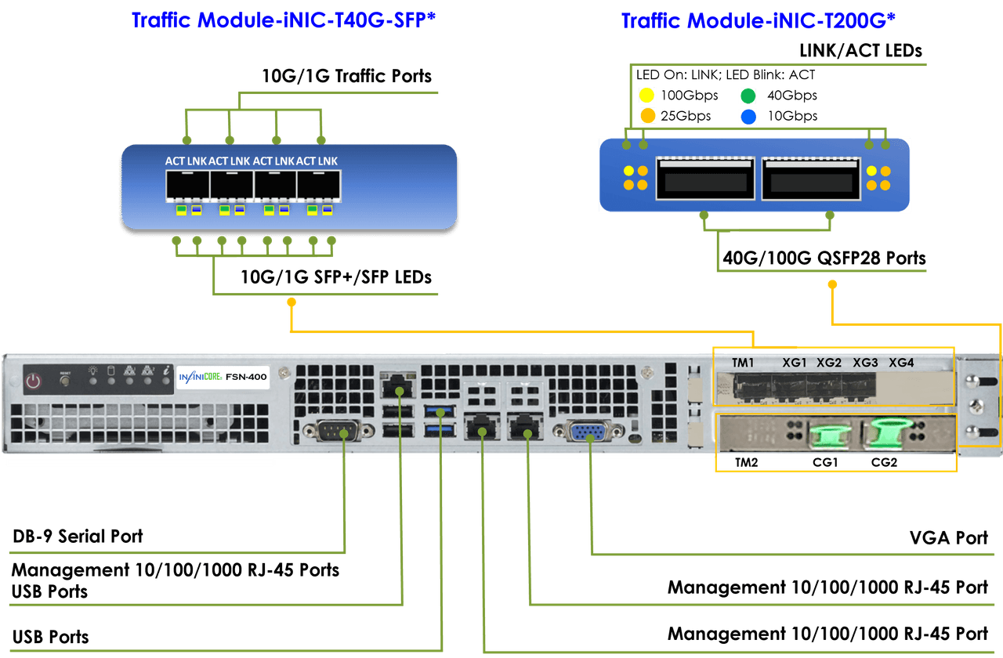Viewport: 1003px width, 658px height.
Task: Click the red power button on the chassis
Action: click(x=33, y=381)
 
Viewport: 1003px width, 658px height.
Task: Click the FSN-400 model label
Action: click(x=246, y=377)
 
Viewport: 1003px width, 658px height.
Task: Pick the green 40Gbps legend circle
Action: click(x=748, y=96)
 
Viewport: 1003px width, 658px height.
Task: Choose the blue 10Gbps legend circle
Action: click(x=748, y=117)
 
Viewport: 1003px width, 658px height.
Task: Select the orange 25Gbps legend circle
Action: click(x=647, y=117)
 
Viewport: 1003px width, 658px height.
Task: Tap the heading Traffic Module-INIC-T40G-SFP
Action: click(x=282, y=20)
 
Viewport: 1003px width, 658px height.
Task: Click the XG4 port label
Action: click(x=901, y=363)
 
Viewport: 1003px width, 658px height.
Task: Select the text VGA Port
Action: click(x=948, y=538)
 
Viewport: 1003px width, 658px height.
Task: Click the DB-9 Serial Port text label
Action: click(x=78, y=537)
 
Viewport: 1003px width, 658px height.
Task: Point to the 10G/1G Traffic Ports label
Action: click(x=346, y=76)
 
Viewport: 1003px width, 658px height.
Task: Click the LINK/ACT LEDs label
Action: click(x=860, y=51)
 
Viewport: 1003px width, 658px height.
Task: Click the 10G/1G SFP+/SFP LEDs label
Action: click(x=336, y=277)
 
